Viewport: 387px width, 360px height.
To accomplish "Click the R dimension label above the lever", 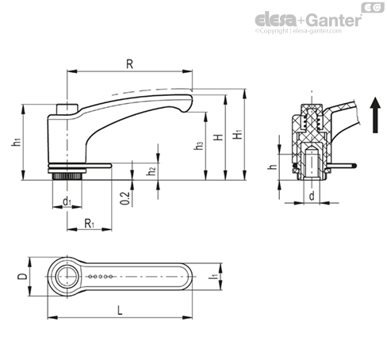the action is click(x=129, y=64).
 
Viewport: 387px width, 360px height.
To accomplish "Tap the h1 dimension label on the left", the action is click(x=17, y=142).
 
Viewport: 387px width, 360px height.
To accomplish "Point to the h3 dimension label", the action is click(x=198, y=146).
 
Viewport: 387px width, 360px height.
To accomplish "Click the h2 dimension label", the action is click(x=151, y=170).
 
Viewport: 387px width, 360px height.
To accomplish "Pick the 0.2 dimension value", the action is click(x=125, y=198).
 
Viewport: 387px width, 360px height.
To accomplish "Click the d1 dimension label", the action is click(x=67, y=201).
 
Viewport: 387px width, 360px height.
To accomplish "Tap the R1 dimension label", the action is click(x=90, y=224).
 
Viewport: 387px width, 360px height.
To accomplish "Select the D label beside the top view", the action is click(x=22, y=276).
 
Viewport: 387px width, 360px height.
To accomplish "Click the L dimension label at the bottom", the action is click(x=120, y=310).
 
